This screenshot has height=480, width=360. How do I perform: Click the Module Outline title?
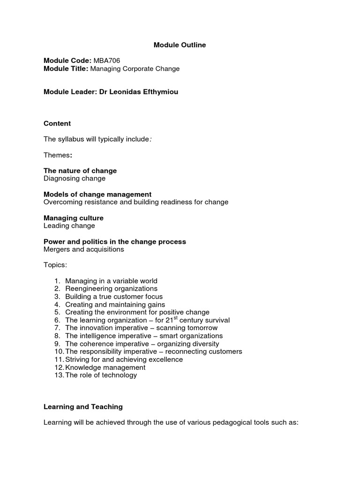click(180, 45)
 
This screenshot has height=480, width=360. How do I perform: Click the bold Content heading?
click(57, 124)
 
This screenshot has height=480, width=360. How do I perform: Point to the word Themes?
click(57, 155)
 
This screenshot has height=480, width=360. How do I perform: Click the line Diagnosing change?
click(75, 179)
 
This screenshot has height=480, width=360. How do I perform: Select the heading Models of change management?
click(97, 195)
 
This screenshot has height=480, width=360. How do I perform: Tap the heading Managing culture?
click(74, 218)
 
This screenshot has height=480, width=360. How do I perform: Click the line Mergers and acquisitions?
click(84, 249)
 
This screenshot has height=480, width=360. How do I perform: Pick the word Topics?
click(55, 265)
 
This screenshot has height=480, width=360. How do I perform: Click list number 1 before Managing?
click(57, 281)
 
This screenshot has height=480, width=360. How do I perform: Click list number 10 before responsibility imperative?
click(58, 352)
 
